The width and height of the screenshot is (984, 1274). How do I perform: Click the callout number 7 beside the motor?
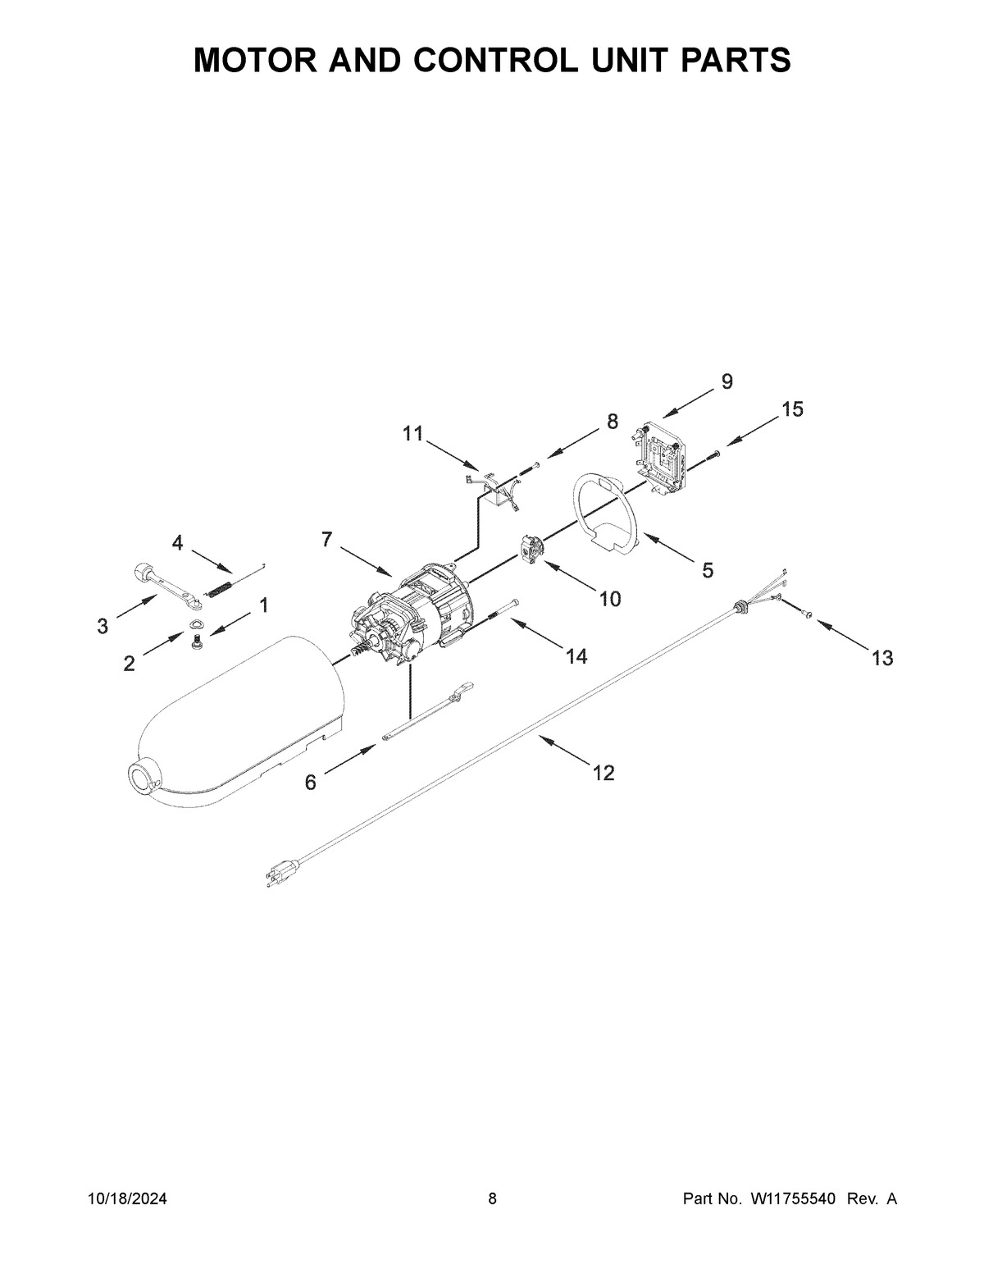coord(326,540)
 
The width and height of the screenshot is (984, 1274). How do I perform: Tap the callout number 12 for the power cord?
coord(604,773)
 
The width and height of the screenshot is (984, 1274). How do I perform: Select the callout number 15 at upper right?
coord(792,409)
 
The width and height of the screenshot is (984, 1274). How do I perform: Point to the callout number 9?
coord(727,381)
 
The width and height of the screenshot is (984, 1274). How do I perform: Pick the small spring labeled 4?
coord(220,588)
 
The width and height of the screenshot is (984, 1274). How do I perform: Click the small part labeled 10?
coord(531,547)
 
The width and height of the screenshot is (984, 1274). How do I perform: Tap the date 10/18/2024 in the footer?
coord(127,1199)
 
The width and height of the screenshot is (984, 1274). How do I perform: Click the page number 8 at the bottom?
coord(492,1199)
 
